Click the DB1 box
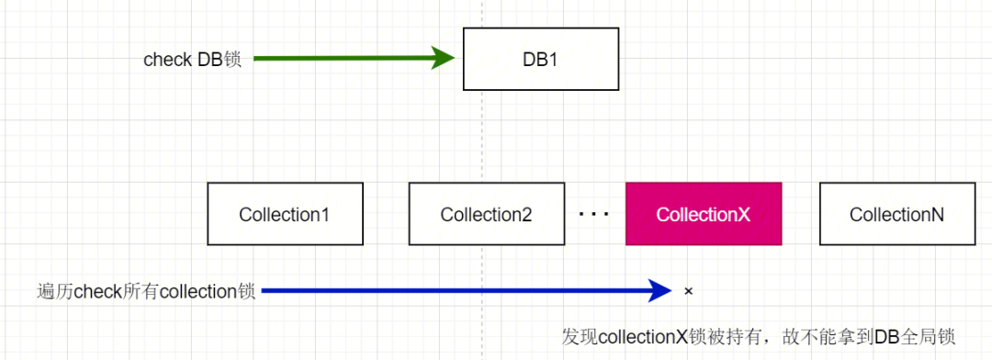[x=540, y=59]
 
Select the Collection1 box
[x=285, y=214]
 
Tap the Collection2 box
[x=486, y=214]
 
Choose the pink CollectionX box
[x=704, y=214]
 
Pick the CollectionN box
[x=896, y=214]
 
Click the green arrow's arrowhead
[x=444, y=59]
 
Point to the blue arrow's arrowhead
[x=660, y=291]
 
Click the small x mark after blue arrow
[x=688, y=291]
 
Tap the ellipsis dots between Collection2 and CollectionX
[x=594, y=215]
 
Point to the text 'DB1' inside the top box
[x=539, y=59]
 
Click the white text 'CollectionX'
[x=704, y=215]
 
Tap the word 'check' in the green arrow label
[x=168, y=59]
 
